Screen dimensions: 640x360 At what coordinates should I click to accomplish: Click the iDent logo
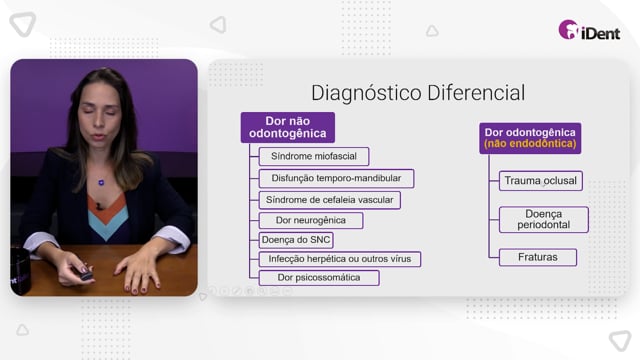pos(589,30)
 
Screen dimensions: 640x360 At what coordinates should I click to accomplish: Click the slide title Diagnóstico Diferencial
pos(418,93)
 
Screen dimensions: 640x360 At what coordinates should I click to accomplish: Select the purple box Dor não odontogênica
pos(288,127)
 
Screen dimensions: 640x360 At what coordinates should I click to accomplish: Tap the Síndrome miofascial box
pos(314,156)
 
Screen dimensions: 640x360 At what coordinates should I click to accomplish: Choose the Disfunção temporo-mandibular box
pos(336,178)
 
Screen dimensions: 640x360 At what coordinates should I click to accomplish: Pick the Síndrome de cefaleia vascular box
pos(329,200)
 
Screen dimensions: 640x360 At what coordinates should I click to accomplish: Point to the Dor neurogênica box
pos(311,220)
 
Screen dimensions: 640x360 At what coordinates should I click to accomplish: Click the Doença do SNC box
pos(296,240)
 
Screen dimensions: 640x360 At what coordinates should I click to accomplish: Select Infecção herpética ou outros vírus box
pos(340,259)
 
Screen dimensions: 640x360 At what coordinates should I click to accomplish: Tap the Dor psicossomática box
pos(319,278)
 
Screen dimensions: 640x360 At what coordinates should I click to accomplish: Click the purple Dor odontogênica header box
pos(530,138)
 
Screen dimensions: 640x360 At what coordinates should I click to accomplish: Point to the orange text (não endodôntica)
pos(530,144)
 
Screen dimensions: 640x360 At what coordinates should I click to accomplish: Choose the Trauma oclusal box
pos(540,180)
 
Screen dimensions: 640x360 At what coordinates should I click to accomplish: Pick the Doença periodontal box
pos(543,220)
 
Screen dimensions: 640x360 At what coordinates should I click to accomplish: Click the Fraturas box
pos(538,257)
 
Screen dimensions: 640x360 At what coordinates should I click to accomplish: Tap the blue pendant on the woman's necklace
pos(101,182)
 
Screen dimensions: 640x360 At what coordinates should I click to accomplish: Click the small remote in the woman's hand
pos(86,276)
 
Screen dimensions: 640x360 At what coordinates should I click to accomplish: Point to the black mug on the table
pos(20,271)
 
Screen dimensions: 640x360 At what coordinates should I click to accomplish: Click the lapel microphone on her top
pos(98,206)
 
